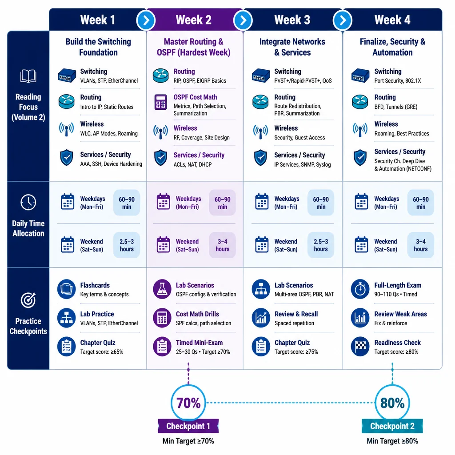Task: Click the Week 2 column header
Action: coord(194,20)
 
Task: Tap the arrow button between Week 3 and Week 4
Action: coord(343,20)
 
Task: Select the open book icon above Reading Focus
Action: coord(28,76)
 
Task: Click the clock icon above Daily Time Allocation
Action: coord(28,202)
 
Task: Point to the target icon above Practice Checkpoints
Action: coord(28,300)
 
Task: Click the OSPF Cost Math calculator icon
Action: coord(160,102)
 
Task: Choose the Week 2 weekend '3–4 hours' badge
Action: coord(222,245)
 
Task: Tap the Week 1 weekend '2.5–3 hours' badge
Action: coord(127,245)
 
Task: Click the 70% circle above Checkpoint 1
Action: coord(188,403)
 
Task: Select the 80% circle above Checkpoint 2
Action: coord(392,403)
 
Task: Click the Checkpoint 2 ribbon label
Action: coord(392,426)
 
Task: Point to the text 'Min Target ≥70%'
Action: coord(188,441)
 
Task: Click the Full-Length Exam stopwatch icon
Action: coord(360,289)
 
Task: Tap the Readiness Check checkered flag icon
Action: coord(360,346)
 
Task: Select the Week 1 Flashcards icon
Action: coord(67,289)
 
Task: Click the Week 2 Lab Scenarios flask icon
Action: coord(162,289)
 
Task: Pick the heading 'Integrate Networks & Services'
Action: coord(292,47)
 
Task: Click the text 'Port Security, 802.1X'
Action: coord(398,81)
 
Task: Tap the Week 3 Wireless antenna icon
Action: coord(260,132)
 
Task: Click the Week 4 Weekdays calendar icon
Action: coord(361,201)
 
